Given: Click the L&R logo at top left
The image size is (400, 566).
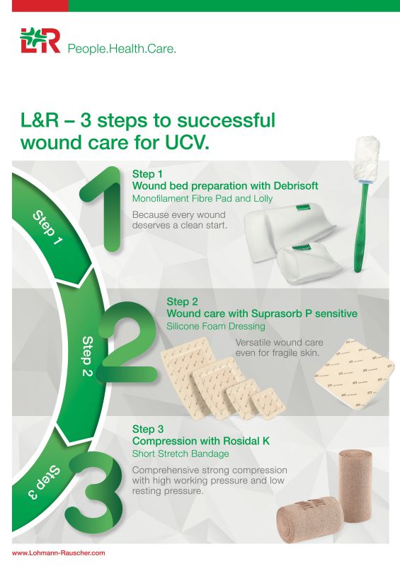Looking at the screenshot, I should pos(40,40).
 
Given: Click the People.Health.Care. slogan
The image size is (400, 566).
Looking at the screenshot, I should pos(121,49).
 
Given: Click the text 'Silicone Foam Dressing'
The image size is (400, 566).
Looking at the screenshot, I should pos(215,326).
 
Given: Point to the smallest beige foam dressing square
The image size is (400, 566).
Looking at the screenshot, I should pos(269,405).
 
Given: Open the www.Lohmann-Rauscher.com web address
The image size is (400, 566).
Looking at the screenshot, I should pos(59,553).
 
